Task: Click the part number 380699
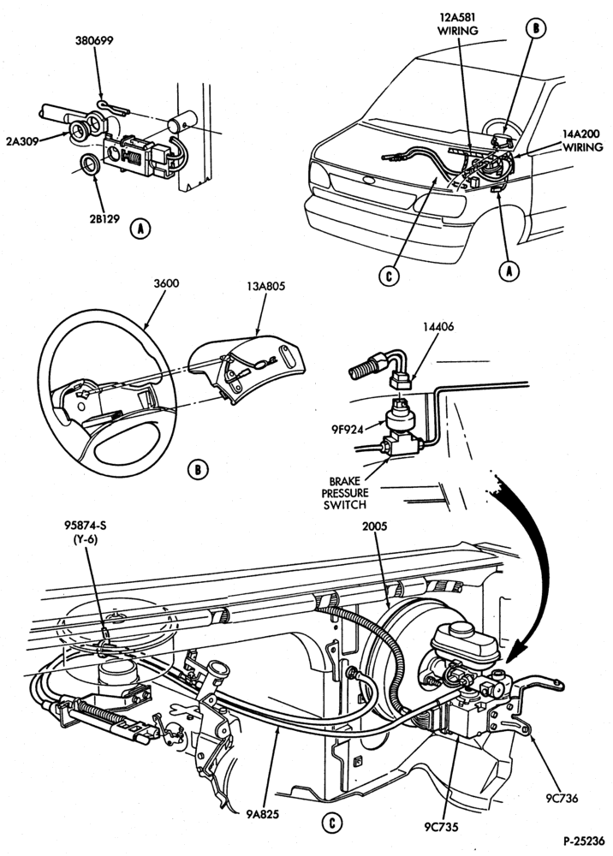point(94,40)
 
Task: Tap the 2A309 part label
point(23,141)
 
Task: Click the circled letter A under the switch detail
point(140,229)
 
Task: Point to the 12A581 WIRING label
point(457,25)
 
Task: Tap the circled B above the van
point(535,28)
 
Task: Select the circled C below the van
point(389,276)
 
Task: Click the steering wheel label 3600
point(166,284)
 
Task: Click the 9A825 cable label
point(262,815)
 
